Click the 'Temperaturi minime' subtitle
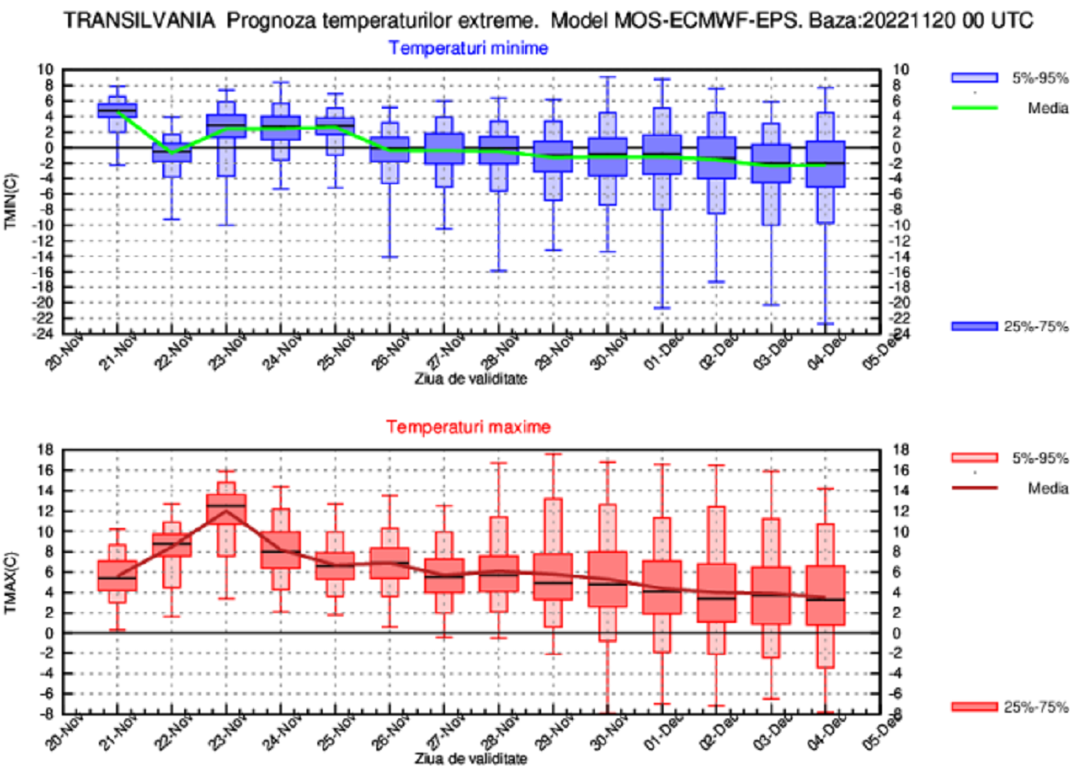click(468, 48)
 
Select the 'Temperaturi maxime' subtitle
click(468, 425)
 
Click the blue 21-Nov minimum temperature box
click(117, 110)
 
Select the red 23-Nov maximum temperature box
click(226, 508)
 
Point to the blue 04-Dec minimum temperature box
click(825, 163)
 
